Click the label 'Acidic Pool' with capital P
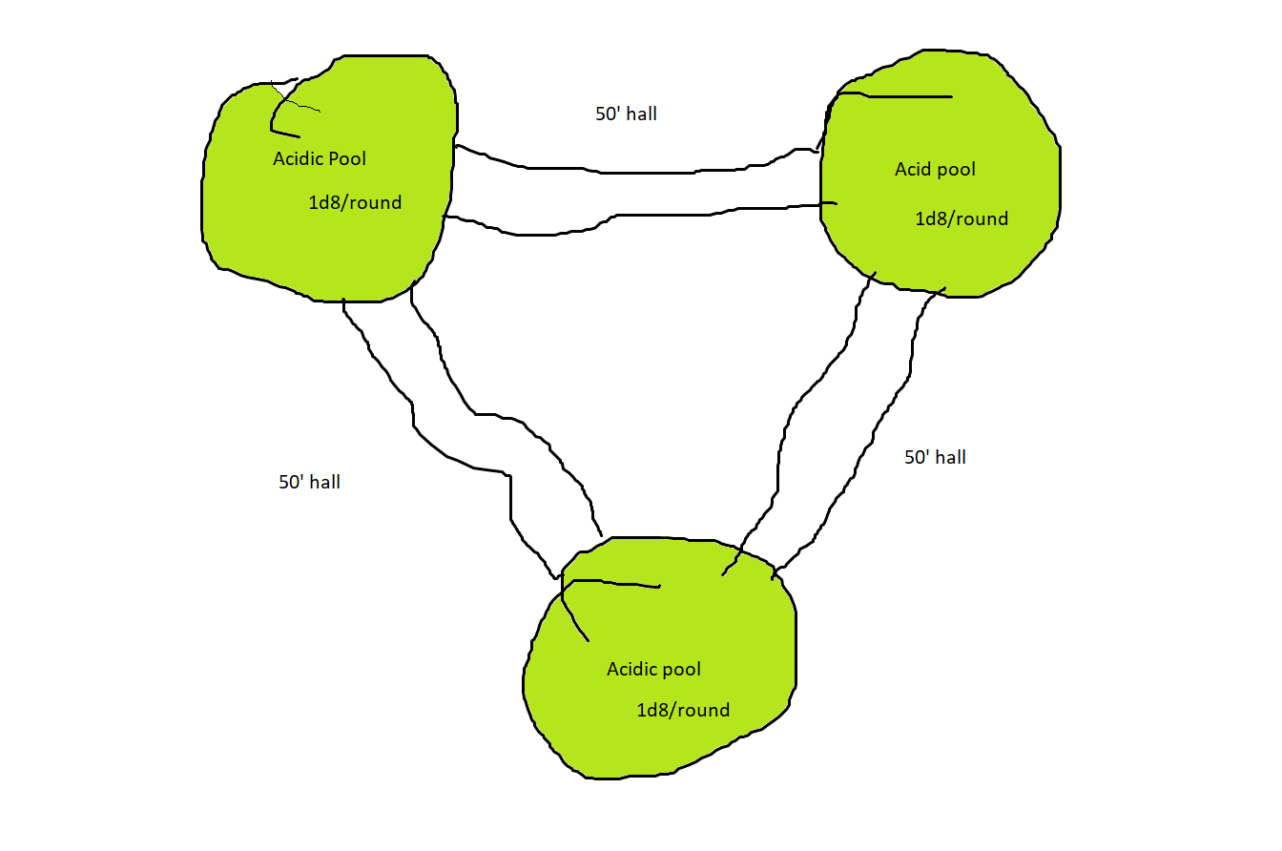(x=320, y=158)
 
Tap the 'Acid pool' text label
(x=935, y=170)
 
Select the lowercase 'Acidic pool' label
(x=653, y=670)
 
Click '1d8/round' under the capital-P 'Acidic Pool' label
(x=355, y=203)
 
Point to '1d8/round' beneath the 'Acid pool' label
(x=961, y=219)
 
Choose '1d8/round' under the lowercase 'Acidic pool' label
(x=683, y=711)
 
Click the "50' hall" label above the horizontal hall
(x=626, y=114)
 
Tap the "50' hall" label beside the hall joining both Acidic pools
(x=309, y=483)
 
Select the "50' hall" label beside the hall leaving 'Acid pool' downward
(x=935, y=458)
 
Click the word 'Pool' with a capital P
(x=347, y=158)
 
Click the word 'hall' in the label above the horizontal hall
(x=641, y=114)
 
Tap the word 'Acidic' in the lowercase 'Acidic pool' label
(x=632, y=670)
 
